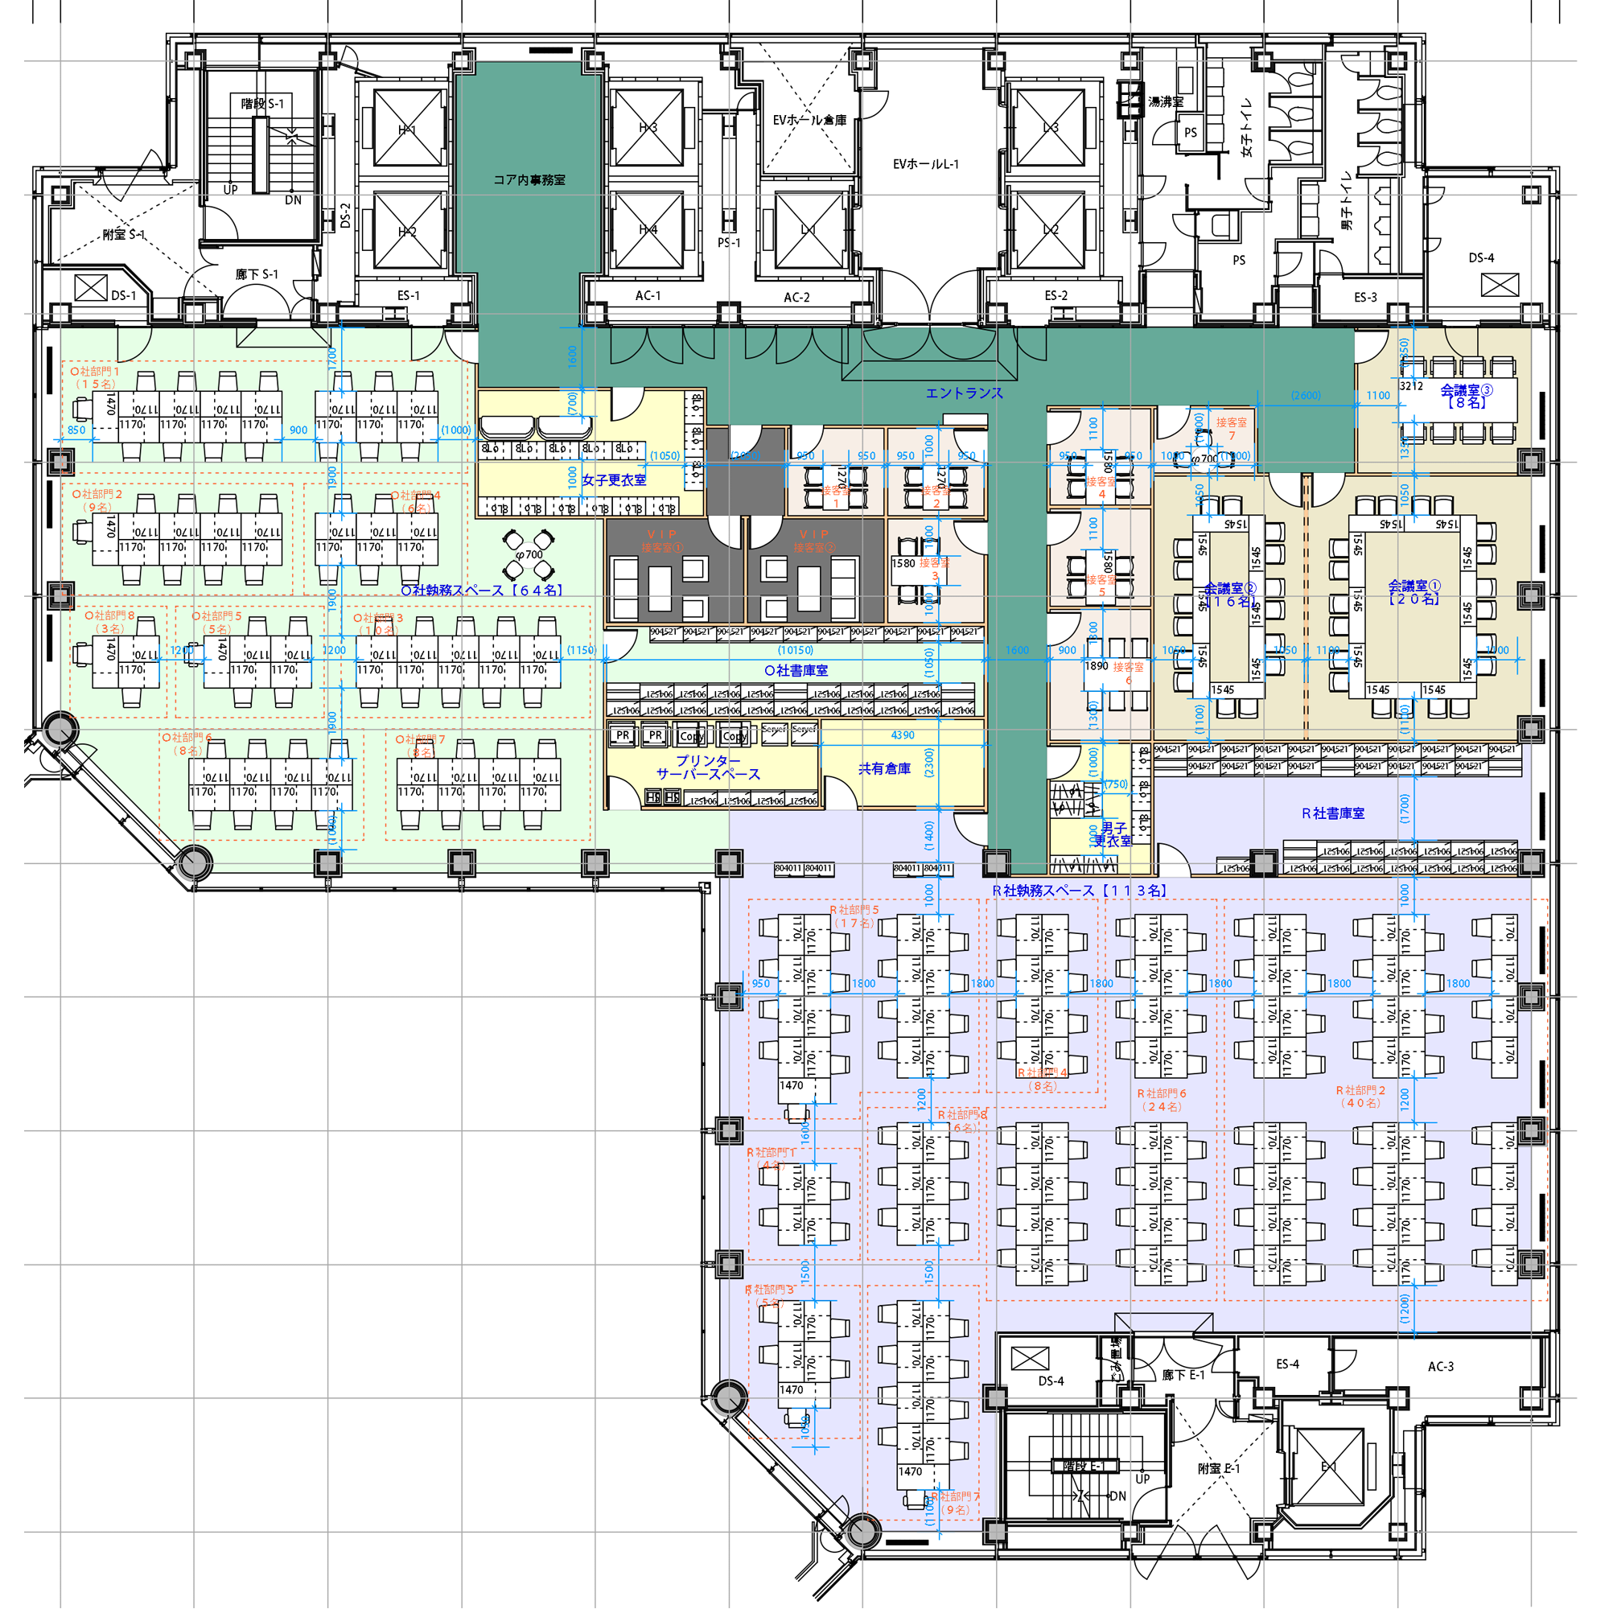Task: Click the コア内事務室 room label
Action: pos(529,180)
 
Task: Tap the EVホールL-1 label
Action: pos(925,164)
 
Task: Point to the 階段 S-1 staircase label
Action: pos(262,103)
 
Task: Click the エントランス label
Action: pos(964,393)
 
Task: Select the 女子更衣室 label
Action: pos(614,479)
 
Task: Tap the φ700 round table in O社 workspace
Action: pos(529,554)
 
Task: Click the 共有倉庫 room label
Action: pos(883,767)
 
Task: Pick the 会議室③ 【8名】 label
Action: pos(1466,396)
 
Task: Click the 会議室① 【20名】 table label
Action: pos(1414,591)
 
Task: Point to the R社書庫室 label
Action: pos(1332,813)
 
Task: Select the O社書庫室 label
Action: pos(796,670)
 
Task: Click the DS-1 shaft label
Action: pos(123,294)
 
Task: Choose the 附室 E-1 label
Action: pos(1218,1468)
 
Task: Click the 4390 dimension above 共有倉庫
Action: pos(902,735)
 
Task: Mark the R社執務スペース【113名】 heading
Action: pos(1079,891)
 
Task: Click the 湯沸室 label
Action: pos(1165,101)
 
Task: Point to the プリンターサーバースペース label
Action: pos(708,767)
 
